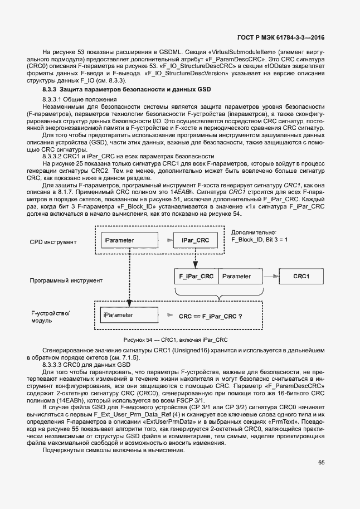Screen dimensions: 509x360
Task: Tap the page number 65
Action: (322, 462)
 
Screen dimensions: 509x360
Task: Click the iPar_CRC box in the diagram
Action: (195, 240)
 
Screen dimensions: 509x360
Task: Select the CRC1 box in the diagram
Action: (301, 276)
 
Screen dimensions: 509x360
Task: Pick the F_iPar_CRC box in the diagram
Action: (195, 276)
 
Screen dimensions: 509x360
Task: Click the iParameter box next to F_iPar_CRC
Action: (240, 276)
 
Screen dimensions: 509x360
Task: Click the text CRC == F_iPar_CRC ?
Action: (210, 316)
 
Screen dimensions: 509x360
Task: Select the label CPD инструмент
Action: (53, 243)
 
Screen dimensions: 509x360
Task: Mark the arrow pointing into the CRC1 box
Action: (270, 276)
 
